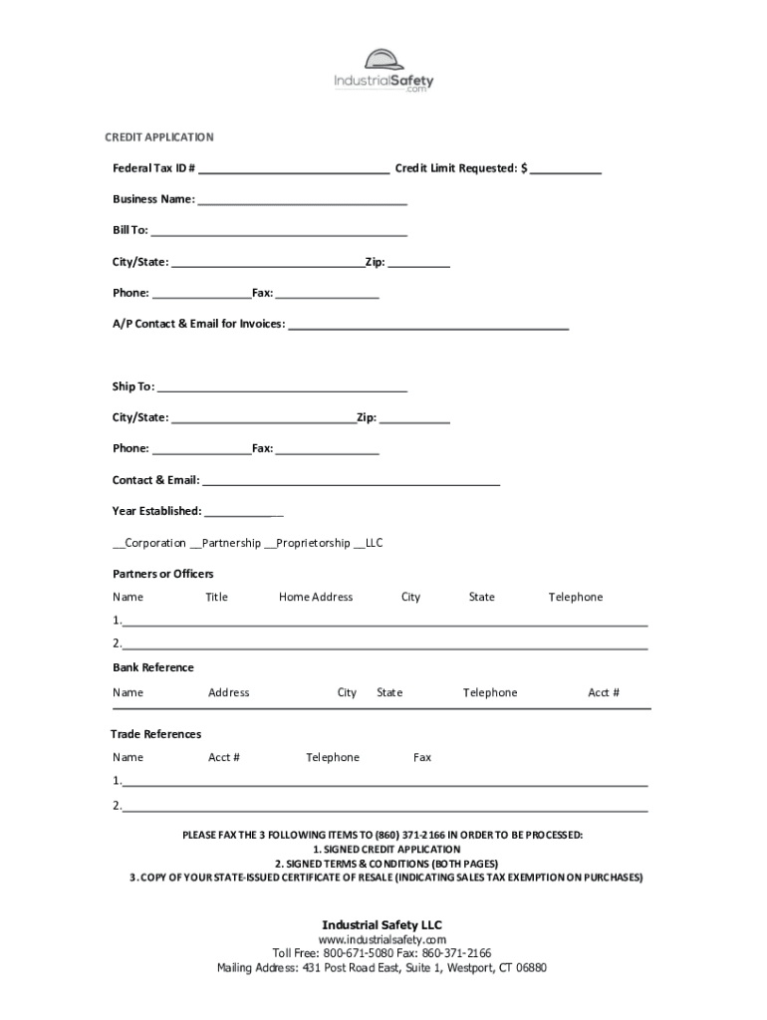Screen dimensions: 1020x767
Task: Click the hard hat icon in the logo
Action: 383,60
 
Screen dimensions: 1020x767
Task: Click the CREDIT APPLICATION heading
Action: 159,137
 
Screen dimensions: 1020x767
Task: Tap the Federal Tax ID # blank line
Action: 293,170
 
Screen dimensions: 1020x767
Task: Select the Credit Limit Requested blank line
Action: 565,170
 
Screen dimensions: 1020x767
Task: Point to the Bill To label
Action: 129,231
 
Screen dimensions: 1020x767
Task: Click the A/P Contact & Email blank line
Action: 428,326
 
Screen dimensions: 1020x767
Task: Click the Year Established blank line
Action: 243,514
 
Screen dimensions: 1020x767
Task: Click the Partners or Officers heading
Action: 162,575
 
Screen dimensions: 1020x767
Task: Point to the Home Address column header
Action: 316,598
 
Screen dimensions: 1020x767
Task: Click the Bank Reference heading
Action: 152,668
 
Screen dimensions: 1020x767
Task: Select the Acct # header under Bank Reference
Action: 604,693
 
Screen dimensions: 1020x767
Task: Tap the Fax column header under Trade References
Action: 422,758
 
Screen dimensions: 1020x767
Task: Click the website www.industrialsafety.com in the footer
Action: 382,940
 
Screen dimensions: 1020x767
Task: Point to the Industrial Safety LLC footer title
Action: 382,925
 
